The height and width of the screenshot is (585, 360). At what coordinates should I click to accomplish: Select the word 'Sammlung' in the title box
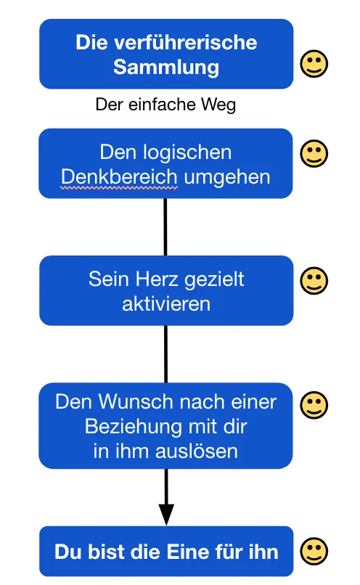coord(166,67)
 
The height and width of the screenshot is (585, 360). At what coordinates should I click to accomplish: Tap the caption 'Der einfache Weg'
coord(165,104)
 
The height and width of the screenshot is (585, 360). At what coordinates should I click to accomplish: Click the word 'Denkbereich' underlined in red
coord(119,176)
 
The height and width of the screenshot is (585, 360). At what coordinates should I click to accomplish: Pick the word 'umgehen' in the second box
coord(227,177)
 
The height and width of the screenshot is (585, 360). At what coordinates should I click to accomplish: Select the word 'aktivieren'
coord(166,303)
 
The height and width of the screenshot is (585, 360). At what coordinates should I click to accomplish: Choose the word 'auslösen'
coord(197,451)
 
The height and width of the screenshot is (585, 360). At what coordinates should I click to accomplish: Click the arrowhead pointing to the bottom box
coord(166,515)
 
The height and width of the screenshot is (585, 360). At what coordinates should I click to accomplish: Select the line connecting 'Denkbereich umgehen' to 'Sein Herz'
coord(165,227)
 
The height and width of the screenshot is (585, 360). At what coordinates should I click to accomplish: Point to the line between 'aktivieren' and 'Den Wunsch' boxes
coord(165,354)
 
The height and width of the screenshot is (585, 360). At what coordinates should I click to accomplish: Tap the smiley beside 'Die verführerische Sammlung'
coord(314,64)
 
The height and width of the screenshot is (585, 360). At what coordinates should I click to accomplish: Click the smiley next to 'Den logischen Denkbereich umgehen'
coord(314,153)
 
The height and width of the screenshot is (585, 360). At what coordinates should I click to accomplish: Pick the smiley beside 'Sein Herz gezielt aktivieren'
coord(314,281)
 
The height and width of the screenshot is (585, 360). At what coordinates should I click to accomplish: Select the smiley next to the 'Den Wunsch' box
coord(314,405)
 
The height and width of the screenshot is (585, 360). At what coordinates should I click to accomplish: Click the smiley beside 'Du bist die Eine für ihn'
coord(314,551)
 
